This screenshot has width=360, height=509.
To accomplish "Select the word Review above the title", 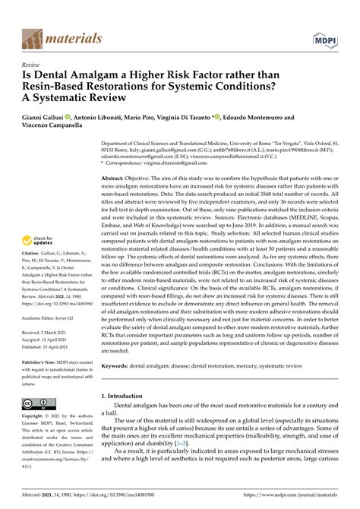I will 31,65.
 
